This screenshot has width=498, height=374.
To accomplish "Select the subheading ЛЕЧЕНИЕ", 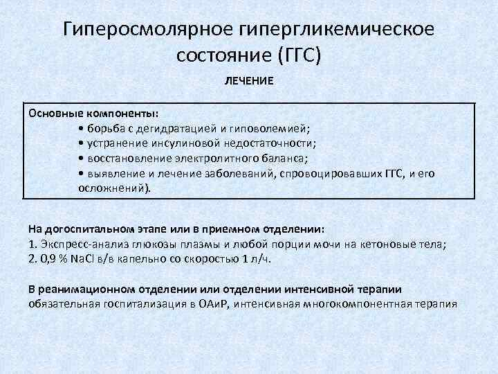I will click(249, 81).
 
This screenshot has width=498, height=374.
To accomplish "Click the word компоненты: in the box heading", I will click(123, 112).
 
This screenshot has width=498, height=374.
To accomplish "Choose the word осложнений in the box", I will click(111, 188).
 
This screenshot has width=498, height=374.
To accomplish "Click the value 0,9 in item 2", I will click(48, 258).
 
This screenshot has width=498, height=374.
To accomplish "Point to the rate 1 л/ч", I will click(255, 258).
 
